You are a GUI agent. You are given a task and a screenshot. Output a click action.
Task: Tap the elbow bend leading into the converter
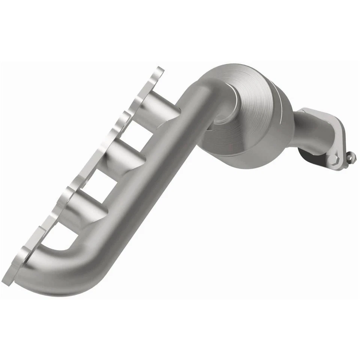coord(202,90)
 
